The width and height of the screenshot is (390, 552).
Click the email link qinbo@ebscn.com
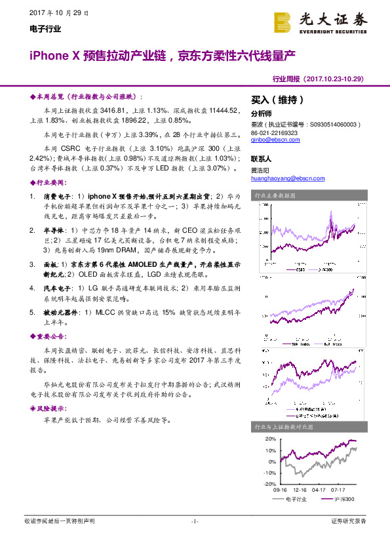(x=271, y=140)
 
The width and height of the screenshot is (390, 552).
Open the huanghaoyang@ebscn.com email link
(x=284, y=178)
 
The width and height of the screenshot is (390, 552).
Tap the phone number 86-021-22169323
(x=275, y=132)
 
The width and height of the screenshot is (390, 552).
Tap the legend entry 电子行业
(x=296, y=500)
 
